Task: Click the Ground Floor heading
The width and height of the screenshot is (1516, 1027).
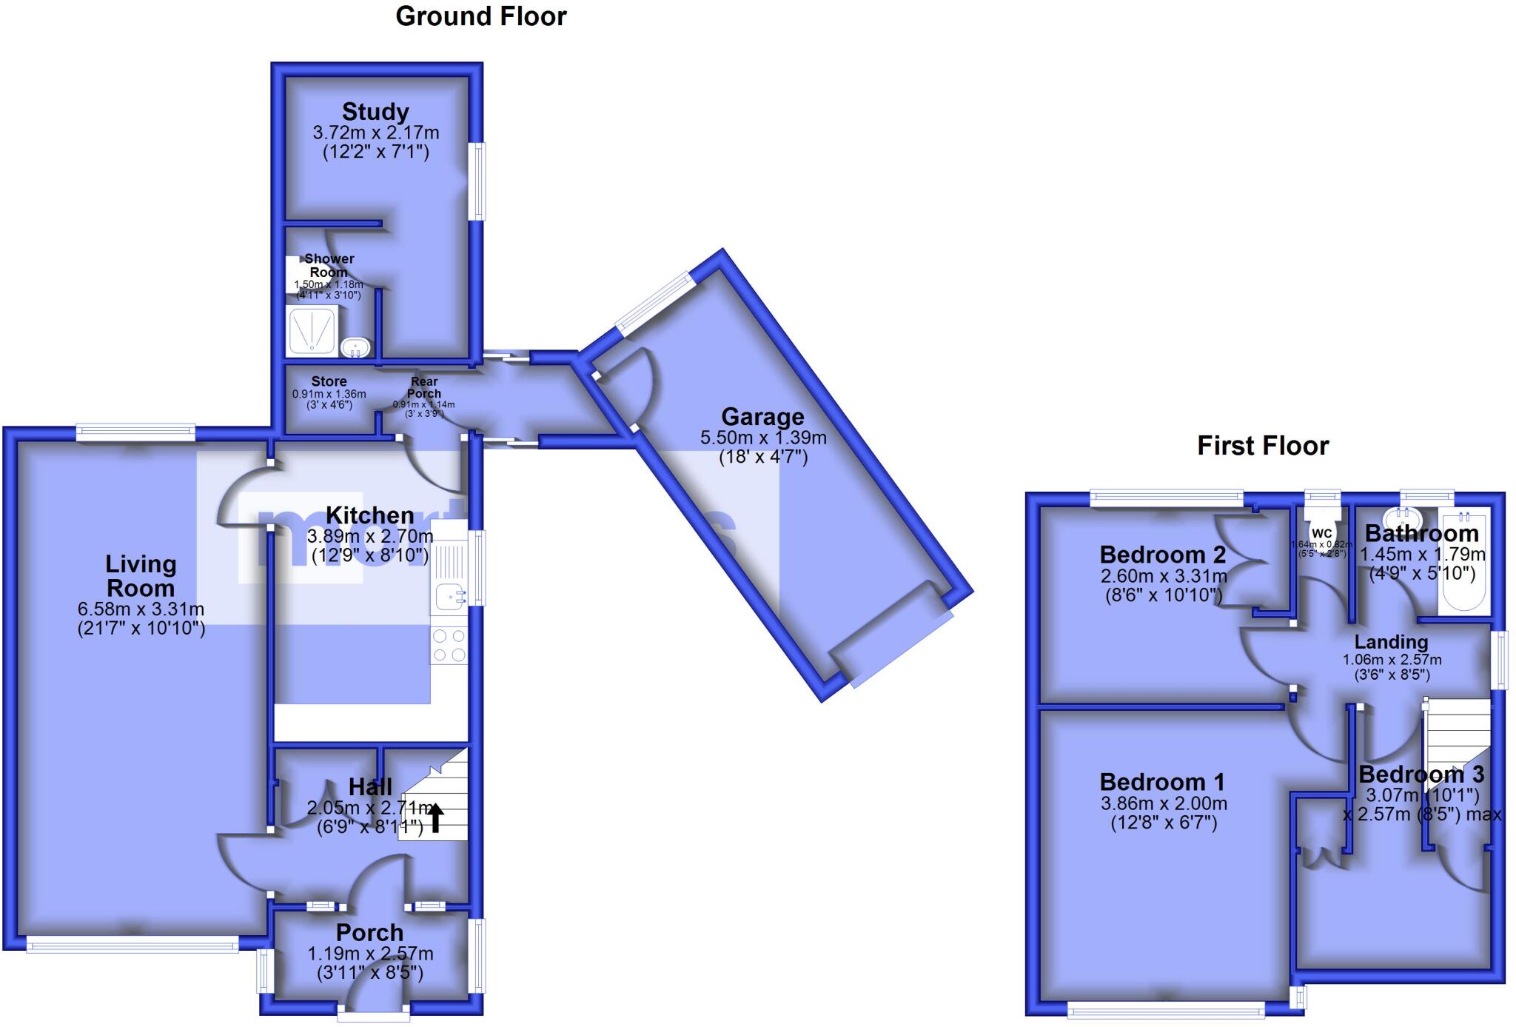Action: click(481, 16)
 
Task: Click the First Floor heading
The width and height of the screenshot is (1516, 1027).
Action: click(1263, 446)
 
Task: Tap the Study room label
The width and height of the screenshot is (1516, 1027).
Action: click(375, 112)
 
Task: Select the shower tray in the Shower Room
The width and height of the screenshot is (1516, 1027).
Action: click(312, 331)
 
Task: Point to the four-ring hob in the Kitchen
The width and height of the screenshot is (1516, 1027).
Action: click(449, 645)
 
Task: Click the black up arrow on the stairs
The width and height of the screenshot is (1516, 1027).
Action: click(435, 818)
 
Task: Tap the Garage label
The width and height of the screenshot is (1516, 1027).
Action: click(762, 416)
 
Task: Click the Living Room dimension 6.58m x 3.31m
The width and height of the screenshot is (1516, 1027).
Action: click(141, 609)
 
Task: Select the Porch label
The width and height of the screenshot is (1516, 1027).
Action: click(369, 932)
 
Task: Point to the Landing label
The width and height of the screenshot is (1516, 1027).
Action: click(1391, 642)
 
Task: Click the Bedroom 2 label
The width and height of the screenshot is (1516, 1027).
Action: click(1162, 555)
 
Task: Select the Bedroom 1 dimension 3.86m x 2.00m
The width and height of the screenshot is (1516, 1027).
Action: click(1164, 803)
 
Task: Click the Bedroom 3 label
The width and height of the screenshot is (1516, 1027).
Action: click(1421, 775)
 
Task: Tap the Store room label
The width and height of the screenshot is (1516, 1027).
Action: click(329, 381)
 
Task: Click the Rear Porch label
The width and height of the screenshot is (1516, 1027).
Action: click(424, 387)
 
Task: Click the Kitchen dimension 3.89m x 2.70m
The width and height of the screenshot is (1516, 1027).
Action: click(370, 535)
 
